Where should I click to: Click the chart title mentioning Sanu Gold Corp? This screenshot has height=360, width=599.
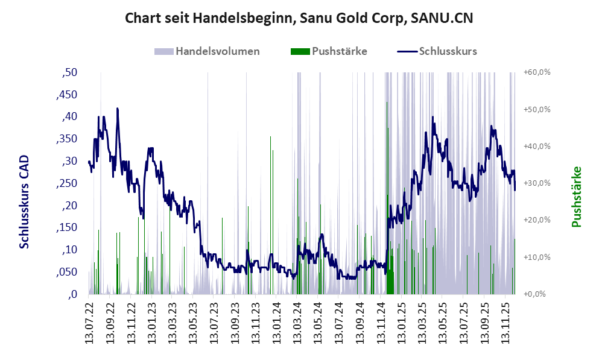point(299,18)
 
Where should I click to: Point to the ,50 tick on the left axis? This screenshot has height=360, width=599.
point(70,73)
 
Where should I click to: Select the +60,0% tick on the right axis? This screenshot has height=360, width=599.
point(537,72)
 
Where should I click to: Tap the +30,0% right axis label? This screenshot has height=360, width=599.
point(537,183)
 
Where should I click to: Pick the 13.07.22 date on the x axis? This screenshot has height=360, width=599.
point(89,323)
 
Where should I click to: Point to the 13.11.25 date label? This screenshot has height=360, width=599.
point(506,323)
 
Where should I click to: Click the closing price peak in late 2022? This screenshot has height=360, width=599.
point(118,109)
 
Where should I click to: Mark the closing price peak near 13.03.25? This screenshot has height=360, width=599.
point(433,117)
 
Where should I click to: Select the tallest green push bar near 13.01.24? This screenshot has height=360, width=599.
point(270,137)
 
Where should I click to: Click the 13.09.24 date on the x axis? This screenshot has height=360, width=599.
point(360,323)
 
